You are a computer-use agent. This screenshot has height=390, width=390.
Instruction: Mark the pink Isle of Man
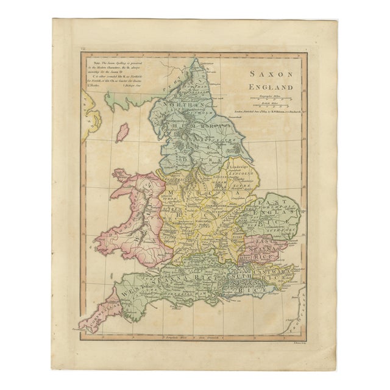tap(122, 132)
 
